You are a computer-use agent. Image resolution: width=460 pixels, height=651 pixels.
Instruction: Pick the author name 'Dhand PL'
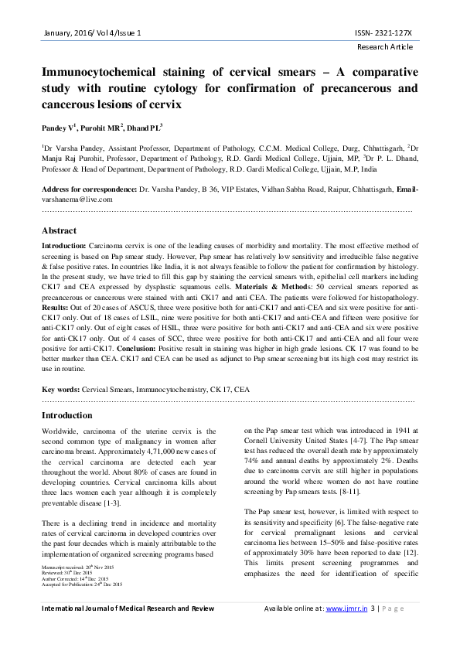coord(146,126)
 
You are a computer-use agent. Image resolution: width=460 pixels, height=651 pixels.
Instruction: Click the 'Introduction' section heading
coord(66,416)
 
